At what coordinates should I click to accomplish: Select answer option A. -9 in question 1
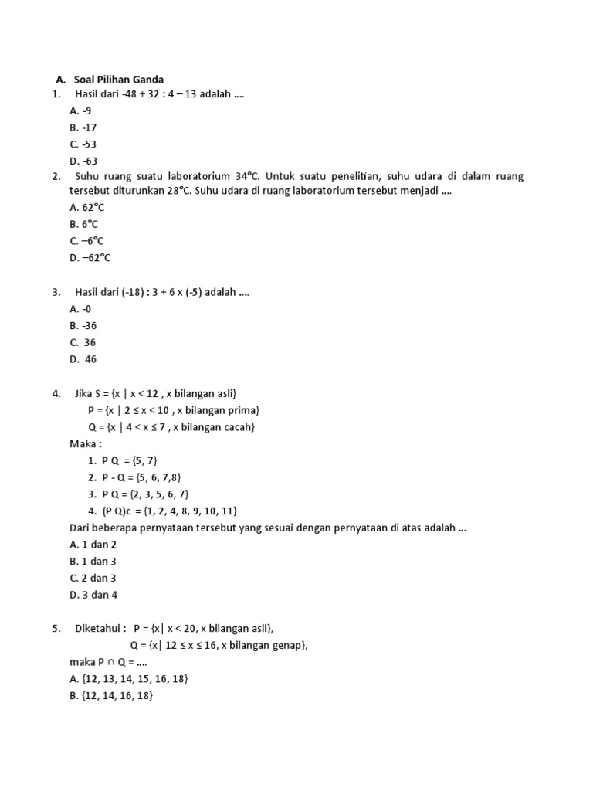(x=80, y=110)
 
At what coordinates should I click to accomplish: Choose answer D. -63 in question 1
(x=83, y=161)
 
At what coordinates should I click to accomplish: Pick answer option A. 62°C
(x=86, y=207)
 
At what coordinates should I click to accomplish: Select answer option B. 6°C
(x=83, y=224)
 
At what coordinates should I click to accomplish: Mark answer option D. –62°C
(x=90, y=258)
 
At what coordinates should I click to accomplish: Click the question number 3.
(x=56, y=292)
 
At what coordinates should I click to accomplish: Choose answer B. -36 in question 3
(x=83, y=325)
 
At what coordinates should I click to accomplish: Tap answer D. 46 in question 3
(x=83, y=359)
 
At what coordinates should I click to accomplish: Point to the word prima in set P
(x=242, y=410)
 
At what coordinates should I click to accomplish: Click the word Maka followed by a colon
(x=85, y=443)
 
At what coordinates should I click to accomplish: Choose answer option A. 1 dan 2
(x=92, y=545)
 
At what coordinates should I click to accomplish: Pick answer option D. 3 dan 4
(x=93, y=595)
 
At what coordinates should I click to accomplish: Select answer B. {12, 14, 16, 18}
(x=111, y=696)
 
